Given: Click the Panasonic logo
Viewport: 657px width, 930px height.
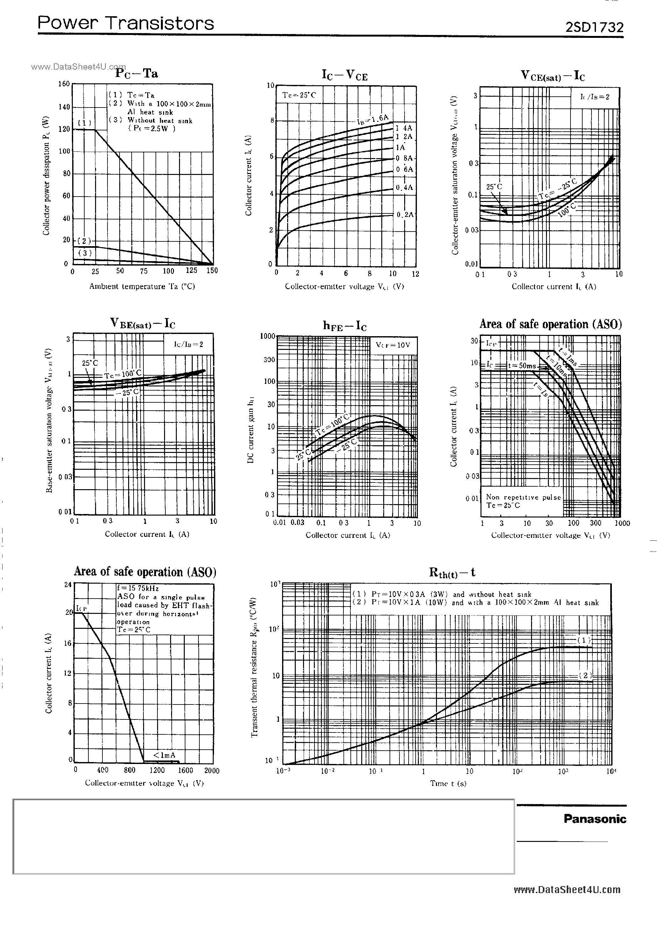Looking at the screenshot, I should tap(595, 819).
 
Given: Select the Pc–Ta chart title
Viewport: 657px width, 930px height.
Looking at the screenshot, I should tap(136, 73).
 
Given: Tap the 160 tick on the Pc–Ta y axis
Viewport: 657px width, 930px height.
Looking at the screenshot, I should tap(64, 84).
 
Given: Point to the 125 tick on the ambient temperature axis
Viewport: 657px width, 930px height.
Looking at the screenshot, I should tap(191, 271).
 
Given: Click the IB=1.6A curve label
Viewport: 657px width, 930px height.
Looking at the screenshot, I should tap(372, 120).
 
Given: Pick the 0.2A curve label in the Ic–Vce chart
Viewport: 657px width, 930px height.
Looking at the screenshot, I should tap(405, 214).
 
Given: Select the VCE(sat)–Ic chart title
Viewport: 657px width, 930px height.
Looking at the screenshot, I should tap(552, 76).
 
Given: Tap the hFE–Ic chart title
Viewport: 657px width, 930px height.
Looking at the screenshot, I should tap(345, 326).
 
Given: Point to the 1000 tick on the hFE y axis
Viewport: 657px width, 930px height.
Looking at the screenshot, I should tap(267, 336).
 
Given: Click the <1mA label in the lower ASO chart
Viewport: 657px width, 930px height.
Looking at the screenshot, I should tap(164, 755).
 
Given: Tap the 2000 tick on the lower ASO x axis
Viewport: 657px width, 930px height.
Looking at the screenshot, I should tap(211, 770).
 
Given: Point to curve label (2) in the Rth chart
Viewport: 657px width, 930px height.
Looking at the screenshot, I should tap(585, 675).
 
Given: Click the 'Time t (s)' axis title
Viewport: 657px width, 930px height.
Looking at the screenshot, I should tap(448, 783).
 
